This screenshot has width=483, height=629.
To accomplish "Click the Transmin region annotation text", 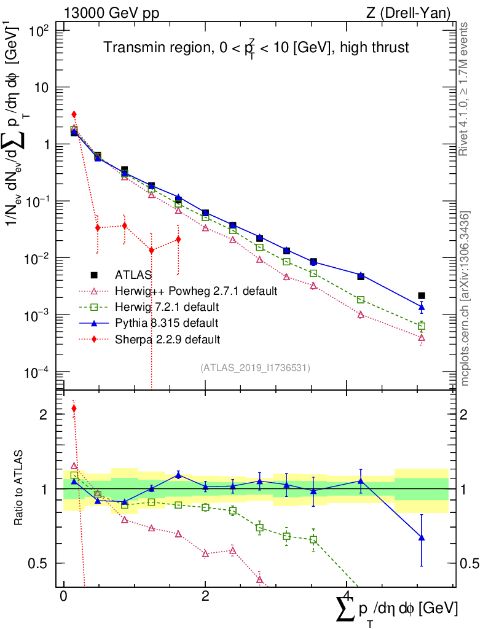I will [x=256, y=47].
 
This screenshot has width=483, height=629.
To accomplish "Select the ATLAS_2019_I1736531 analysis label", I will [x=255, y=368].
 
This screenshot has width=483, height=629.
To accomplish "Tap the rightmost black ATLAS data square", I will [x=422, y=296].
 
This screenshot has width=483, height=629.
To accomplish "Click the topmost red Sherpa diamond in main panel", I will [x=74, y=114].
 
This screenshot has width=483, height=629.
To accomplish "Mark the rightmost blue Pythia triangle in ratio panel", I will [x=422, y=537].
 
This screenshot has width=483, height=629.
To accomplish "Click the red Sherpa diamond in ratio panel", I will [x=74, y=408].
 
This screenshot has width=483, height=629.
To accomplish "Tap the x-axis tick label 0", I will [x=63, y=596].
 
